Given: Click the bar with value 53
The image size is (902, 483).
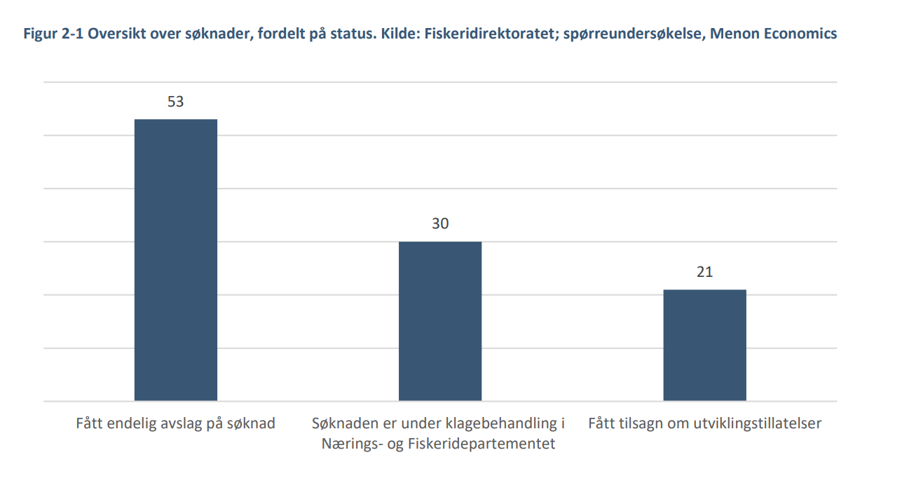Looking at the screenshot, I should point(176,259).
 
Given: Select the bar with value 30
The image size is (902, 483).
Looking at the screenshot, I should point(440,321).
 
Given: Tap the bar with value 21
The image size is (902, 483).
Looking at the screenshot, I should point(704,345).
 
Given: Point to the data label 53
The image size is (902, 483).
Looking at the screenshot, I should point(176,102).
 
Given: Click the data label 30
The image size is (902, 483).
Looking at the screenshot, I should point(440,224).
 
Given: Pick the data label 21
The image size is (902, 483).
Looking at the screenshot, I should point(704,272).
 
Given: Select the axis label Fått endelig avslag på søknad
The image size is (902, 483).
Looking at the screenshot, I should point(176,424).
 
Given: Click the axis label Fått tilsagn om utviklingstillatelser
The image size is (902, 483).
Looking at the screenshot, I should point(704,424).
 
